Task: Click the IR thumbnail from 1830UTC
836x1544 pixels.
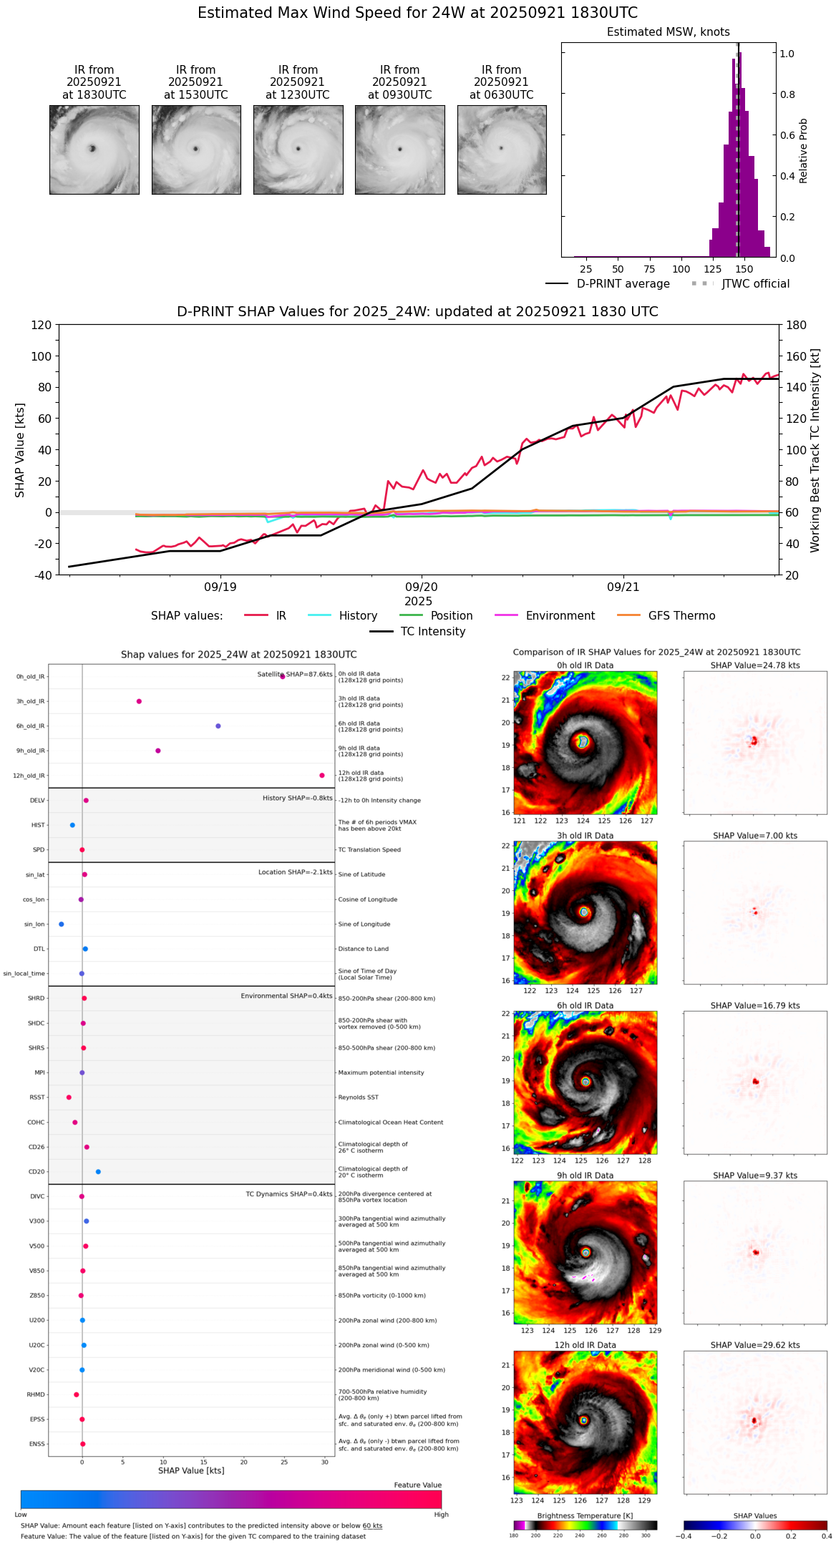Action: point(94,150)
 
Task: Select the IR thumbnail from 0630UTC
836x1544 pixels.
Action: point(502,150)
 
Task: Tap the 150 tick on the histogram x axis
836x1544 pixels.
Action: point(744,270)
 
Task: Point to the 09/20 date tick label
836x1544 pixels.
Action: point(422,587)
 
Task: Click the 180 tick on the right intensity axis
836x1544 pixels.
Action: point(797,326)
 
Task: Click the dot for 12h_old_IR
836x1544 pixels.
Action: point(322,776)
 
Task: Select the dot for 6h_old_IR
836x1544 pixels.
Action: point(218,726)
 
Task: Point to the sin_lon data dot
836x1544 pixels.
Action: point(62,924)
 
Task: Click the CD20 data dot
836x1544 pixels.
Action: point(98,1172)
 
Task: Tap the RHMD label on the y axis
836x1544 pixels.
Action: point(36,1394)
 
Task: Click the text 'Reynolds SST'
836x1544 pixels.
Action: point(358,1098)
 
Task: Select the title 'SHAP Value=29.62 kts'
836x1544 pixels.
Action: point(755,1345)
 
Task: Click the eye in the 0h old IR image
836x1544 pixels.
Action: point(583,742)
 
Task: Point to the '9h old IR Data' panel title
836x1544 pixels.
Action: point(585,1176)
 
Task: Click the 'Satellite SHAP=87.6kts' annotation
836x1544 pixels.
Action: point(295,675)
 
